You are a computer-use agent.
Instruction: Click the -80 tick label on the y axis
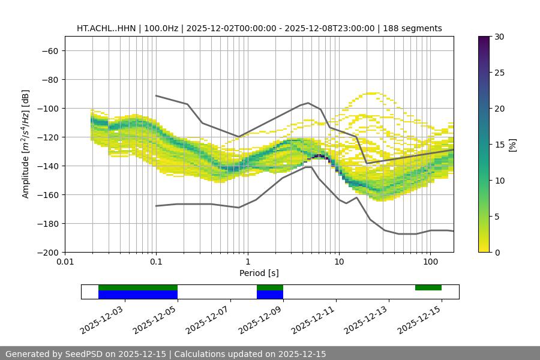(x=49, y=79)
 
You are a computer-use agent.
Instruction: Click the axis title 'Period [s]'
(x=259, y=274)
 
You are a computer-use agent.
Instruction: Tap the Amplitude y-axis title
(x=26, y=144)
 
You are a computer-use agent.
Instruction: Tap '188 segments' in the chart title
(x=415, y=28)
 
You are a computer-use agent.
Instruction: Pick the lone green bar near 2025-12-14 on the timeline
(x=428, y=287)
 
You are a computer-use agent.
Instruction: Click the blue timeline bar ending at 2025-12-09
(x=270, y=295)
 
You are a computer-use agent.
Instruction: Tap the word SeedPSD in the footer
(x=85, y=354)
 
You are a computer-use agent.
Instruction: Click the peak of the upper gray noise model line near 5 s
(x=308, y=103)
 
